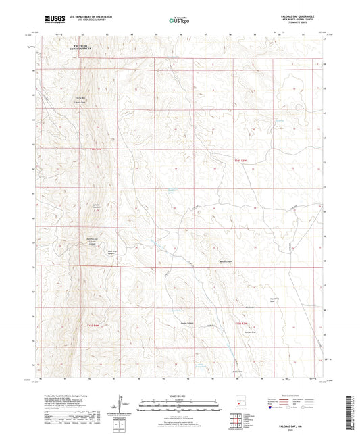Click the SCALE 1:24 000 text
[x=180, y=395]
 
